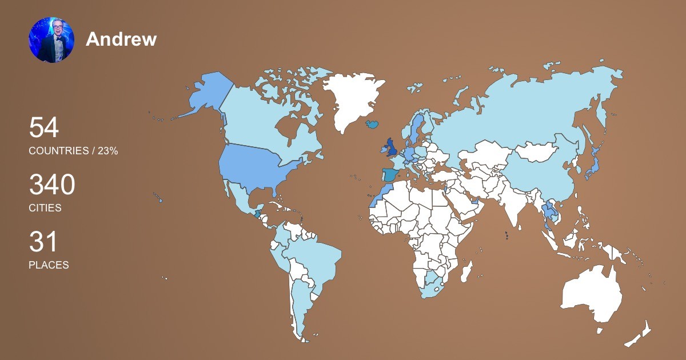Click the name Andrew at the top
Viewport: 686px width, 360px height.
click(x=121, y=39)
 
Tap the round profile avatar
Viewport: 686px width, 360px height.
click(x=51, y=39)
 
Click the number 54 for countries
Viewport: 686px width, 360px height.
click(x=44, y=127)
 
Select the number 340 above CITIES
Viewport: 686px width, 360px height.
click(x=52, y=186)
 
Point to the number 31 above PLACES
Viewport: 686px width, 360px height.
click(x=43, y=242)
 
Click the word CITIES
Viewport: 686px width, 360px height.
click(x=45, y=208)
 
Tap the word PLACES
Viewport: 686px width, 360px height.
click(x=49, y=265)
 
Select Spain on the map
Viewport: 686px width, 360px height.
click(x=390, y=175)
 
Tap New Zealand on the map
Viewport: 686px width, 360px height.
click(x=637, y=337)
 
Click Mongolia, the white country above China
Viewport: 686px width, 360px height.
click(x=537, y=151)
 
